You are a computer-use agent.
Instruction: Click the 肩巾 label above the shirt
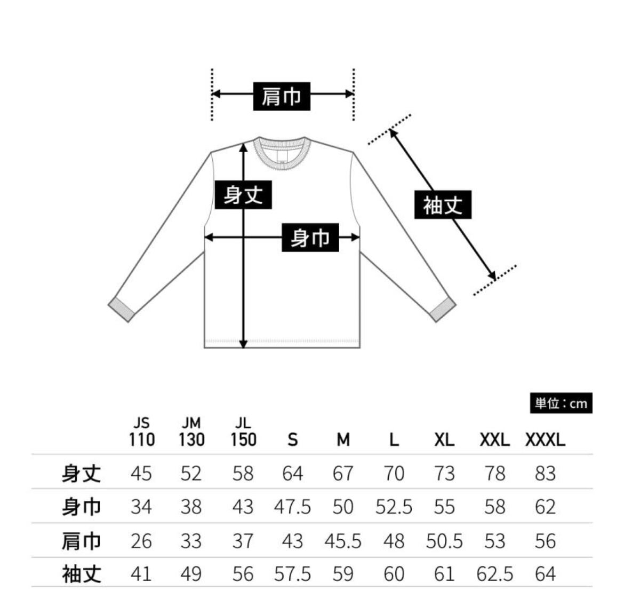(281, 96)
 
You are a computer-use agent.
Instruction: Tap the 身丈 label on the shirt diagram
(243, 194)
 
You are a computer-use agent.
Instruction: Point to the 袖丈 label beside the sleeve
(443, 204)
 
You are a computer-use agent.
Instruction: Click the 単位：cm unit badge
(561, 404)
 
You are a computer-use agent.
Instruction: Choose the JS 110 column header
(141, 432)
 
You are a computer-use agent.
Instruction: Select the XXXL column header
(545, 440)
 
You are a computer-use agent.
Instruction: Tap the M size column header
(343, 440)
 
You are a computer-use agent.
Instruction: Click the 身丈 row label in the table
(81, 473)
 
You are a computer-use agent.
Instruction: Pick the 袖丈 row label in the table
(81, 574)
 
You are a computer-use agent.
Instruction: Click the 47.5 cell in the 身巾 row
(292, 507)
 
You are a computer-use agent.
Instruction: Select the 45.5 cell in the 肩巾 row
(343, 541)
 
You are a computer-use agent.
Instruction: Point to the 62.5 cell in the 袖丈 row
(494, 574)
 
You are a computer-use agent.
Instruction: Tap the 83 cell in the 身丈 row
(545, 473)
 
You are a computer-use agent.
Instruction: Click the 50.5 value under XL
(444, 541)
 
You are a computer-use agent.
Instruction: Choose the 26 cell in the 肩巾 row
(141, 541)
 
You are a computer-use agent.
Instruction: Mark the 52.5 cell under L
(394, 507)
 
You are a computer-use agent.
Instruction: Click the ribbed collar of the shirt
(281, 152)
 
